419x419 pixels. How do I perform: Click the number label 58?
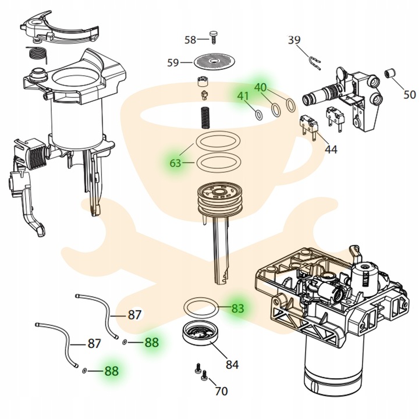pyautogui.click(x=190, y=40)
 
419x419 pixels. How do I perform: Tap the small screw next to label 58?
pyautogui.click(x=214, y=37)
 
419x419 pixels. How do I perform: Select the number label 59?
pyautogui.click(x=173, y=62)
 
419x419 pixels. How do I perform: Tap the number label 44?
pyautogui.click(x=331, y=150)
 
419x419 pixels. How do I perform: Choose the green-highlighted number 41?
pyautogui.click(x=243, y=96)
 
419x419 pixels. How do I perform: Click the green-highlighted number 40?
pyautogui.click(x=261, y=87)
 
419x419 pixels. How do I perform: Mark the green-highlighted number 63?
pyautogui.click(x=176, y=164)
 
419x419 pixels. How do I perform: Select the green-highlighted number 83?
pyautogui.click(x=237, y=308)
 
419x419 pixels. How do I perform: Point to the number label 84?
pyautogui.click(x=232, y=365)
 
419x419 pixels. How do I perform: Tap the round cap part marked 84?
pyautogui.click(x=200, y=334)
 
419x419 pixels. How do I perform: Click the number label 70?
pyautogui.click(x=221, y=392)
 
